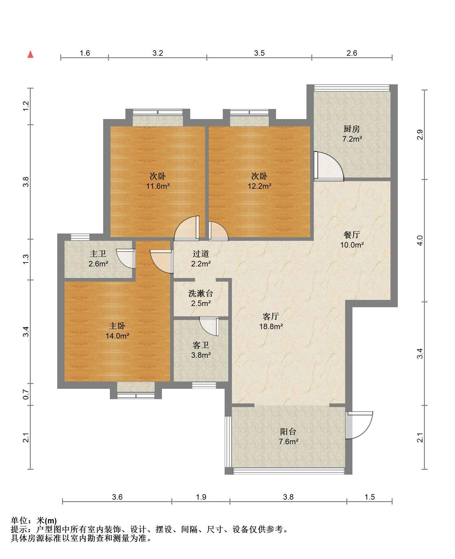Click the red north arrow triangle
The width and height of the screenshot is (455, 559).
tap(30, 54)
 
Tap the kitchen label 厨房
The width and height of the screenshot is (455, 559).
tap(352, 129)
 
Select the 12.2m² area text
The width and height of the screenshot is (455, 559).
tap(259, 186)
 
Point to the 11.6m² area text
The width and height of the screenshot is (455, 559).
tap(158, 186)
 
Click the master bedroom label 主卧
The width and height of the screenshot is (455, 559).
tap(117, 326)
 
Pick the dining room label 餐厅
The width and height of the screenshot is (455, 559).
tap(352, 235)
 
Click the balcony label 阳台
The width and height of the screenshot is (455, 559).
tap(288, 431)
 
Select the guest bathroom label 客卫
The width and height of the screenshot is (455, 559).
tap(201, 345)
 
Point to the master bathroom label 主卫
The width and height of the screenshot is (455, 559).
tap(98, 254)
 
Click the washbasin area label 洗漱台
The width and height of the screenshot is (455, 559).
tap(201, 294)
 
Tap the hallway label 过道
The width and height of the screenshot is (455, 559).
tap(201, 254)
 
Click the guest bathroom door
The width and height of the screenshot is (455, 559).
tap(210, 326)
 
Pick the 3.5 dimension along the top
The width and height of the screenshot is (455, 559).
tap(259, 53)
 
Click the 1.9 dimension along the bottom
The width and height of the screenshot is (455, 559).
tap(201, 497)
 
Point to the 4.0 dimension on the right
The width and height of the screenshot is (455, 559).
tap(420, 241)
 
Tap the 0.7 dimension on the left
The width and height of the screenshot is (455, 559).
tap(26, 395)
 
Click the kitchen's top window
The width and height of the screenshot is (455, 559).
tap(352, 88)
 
